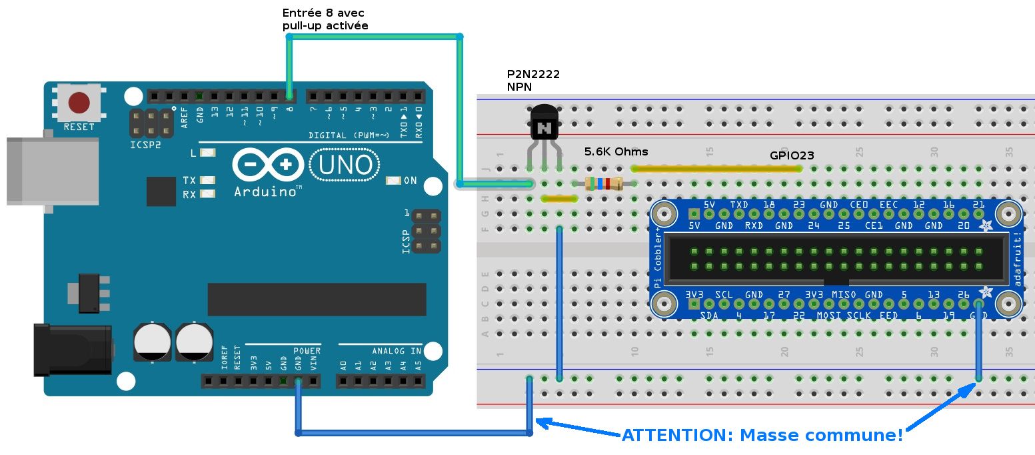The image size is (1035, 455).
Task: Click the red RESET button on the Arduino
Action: tap(79, 103)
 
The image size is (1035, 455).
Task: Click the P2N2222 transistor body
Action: tap(544, 124)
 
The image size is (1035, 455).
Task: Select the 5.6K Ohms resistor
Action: tap(603, 183)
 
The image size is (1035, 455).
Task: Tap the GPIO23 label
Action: tap(792, 155)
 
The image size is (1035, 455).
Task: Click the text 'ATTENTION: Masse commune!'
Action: tap(762, 436)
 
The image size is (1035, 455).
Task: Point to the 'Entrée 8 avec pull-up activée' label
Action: tap(325, 19)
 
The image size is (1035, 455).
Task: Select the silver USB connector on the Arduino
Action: tap(52, 171)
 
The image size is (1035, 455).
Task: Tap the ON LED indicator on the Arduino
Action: tap(393, 181)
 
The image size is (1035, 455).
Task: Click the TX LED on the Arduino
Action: tap(208, 181)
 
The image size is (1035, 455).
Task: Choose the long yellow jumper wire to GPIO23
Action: tap(716, 169)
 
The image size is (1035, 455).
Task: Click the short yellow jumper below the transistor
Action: tap(559, 198)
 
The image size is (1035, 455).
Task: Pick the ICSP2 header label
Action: tap(145, 143)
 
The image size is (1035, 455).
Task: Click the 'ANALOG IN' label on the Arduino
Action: tap(397, 351)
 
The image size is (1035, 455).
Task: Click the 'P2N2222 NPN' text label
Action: tap(533, 80)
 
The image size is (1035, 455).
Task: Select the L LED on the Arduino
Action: tap(208, 153)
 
